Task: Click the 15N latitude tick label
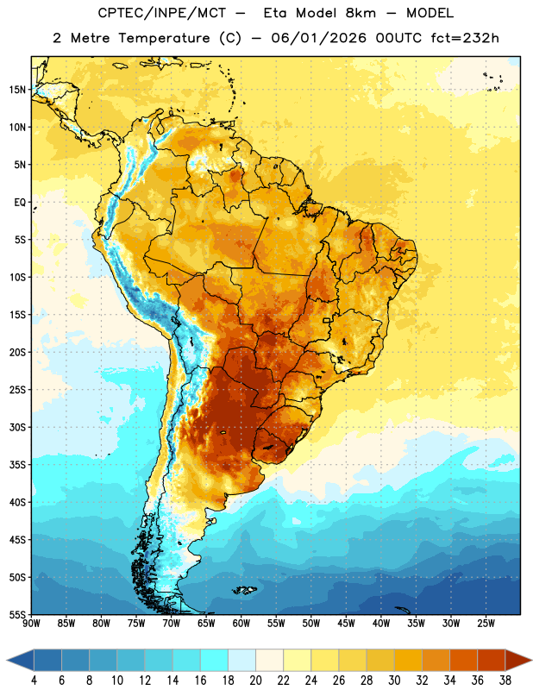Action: click(17, 90)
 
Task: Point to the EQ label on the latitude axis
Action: click(20, 203)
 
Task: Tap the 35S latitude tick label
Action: click(17, 465)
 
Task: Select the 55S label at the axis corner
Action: click(17, 615)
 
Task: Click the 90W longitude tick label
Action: click(31, 624)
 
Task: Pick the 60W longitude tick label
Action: click(241, 624)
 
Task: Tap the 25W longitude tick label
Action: click(486, 624)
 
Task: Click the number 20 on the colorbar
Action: click(255, 681)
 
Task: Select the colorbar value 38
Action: click(505, 681)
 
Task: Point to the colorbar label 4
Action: click(34, 681)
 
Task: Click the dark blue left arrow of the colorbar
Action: click(21, 660)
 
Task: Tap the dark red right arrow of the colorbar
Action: click(518, 660)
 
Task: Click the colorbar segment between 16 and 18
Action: click(214, 660)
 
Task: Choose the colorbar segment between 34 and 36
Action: click(463, 660)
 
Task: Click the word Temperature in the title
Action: click(164, 38)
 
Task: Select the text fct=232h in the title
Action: click(465, 38)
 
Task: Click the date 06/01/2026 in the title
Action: click(318, 38)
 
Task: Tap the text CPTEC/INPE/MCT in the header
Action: click(162, 13)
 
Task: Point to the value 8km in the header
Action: click(361, 13)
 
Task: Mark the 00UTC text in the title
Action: click(398, 38)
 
